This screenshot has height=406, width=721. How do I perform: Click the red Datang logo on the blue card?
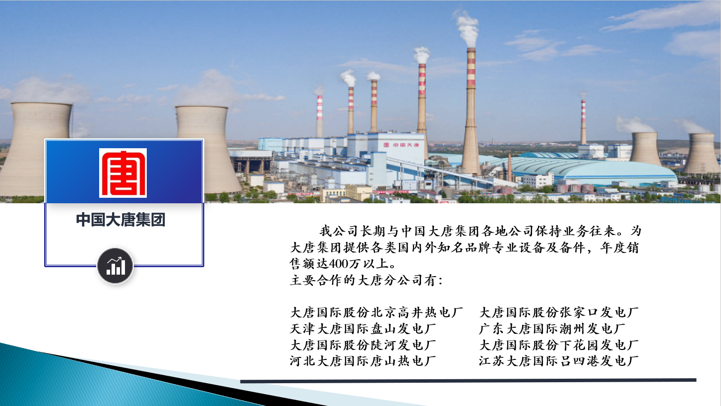pos(123,173)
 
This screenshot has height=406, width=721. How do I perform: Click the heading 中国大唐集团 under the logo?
pos(120,220)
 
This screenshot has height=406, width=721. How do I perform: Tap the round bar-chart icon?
pos(115,266)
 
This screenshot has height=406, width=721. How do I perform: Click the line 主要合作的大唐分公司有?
pos(366,280)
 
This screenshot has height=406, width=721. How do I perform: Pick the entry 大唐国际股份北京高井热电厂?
pos(376,312)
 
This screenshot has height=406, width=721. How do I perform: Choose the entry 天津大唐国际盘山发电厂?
pos(363,329)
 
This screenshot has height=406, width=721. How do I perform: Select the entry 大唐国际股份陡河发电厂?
pos(363,345)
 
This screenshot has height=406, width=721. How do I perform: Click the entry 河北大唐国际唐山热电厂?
pos(363,361)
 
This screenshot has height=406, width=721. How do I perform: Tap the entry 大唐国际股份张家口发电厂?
pos(559,312)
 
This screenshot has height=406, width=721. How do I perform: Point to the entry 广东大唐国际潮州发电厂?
pos(552,329)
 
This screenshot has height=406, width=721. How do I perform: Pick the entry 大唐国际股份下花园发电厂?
pos(559,345)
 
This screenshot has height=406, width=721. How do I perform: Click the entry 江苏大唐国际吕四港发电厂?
pos(559,361)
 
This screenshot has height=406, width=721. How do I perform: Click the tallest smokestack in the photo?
pos(471,111)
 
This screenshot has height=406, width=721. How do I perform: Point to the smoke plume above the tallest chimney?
pos(468,28)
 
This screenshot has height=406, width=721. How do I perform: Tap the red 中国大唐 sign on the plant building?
pos(401,145)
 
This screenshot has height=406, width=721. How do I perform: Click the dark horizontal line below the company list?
pos(468,381)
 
